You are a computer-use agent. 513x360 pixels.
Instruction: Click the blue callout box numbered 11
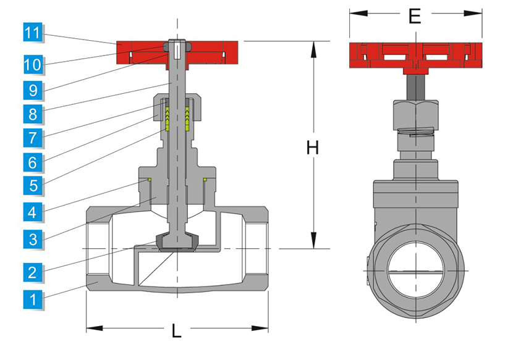click(33, 32)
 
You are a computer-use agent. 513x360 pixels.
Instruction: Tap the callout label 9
click(33, 90)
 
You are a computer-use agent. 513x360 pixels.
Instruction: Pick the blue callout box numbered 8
click(33, 115)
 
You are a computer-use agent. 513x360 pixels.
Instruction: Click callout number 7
click(33, 137)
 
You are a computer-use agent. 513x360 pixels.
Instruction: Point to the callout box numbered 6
click(33, 161)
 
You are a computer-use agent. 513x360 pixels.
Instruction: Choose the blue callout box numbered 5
click(33, 185)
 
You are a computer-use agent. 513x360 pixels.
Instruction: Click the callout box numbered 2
click(33, 271)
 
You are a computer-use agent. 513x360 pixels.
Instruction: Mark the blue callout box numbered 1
click(33, 300)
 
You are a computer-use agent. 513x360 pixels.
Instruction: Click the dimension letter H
click(313, 148)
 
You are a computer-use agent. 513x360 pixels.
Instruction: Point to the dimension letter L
click(177, 331)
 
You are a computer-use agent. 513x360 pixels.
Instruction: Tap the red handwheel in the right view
click(415, 55)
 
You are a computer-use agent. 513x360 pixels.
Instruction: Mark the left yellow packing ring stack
click(167, 119)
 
